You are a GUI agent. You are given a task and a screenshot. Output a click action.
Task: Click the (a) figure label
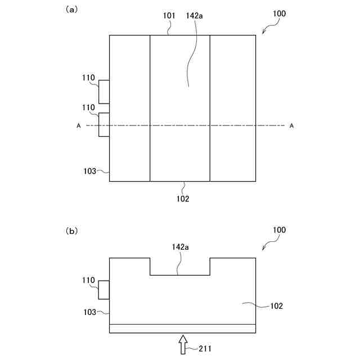tap(71, 10)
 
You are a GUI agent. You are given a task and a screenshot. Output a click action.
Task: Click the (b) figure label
tap(71, 231)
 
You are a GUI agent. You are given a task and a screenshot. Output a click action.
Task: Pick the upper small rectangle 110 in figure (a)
tap(103, 92)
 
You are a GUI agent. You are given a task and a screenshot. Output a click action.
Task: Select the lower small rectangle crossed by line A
tap(103, 125)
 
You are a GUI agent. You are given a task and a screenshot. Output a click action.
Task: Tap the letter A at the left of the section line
tap(79, 126)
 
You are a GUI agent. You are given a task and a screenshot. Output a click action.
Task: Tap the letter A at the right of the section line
tap(291, 126)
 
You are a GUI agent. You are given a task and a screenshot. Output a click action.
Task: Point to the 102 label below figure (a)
tap(183, 199)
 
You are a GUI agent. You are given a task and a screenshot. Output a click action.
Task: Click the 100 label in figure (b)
tap(278, 230)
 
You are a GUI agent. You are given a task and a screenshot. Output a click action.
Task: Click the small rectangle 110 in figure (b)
tap(103, 290)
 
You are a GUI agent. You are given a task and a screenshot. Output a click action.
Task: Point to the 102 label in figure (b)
tap(276, 307)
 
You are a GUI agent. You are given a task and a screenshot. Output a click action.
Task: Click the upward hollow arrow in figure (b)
tap(183, 344)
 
